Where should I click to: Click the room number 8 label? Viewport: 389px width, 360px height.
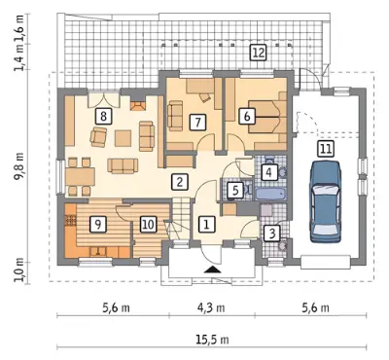103,116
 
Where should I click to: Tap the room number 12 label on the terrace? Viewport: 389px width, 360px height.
258,53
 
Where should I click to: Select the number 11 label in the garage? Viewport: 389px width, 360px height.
326,149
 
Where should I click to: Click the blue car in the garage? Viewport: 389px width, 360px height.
326,201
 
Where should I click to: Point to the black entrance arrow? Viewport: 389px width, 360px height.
212,270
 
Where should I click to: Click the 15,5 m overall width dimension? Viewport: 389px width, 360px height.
212,340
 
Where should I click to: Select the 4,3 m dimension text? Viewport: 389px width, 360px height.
211,307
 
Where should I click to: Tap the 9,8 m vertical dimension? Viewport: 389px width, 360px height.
20,165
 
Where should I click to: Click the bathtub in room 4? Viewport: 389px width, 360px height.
271,194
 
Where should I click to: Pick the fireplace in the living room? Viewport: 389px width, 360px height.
138,106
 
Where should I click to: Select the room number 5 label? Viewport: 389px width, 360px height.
235,190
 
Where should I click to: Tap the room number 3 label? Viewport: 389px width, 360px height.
271,233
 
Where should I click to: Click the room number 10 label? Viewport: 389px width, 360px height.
148,224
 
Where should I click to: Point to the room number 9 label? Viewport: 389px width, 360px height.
98,224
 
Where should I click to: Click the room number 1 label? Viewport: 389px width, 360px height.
206,224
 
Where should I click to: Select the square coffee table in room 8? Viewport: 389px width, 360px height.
124,138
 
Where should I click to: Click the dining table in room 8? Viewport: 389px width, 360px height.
80,177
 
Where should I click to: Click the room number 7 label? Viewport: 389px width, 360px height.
197,123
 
